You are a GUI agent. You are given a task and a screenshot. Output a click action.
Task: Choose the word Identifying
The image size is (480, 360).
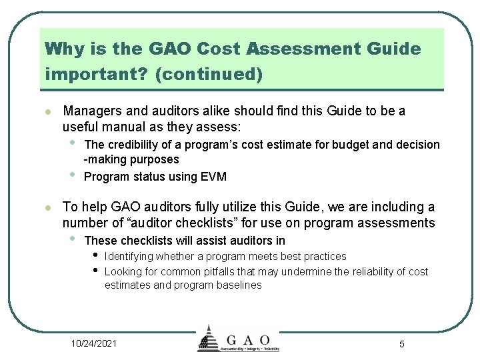tap(129, 256)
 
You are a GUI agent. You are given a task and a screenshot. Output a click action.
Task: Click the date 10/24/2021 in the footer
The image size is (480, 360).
tap(94, 343)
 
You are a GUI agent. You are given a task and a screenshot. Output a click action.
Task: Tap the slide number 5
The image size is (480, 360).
tap(401, 344)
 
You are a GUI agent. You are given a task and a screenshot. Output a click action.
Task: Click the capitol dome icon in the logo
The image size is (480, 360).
tap(209, 337)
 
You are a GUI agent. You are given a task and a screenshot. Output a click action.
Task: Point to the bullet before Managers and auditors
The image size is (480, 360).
tap(45, 111)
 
